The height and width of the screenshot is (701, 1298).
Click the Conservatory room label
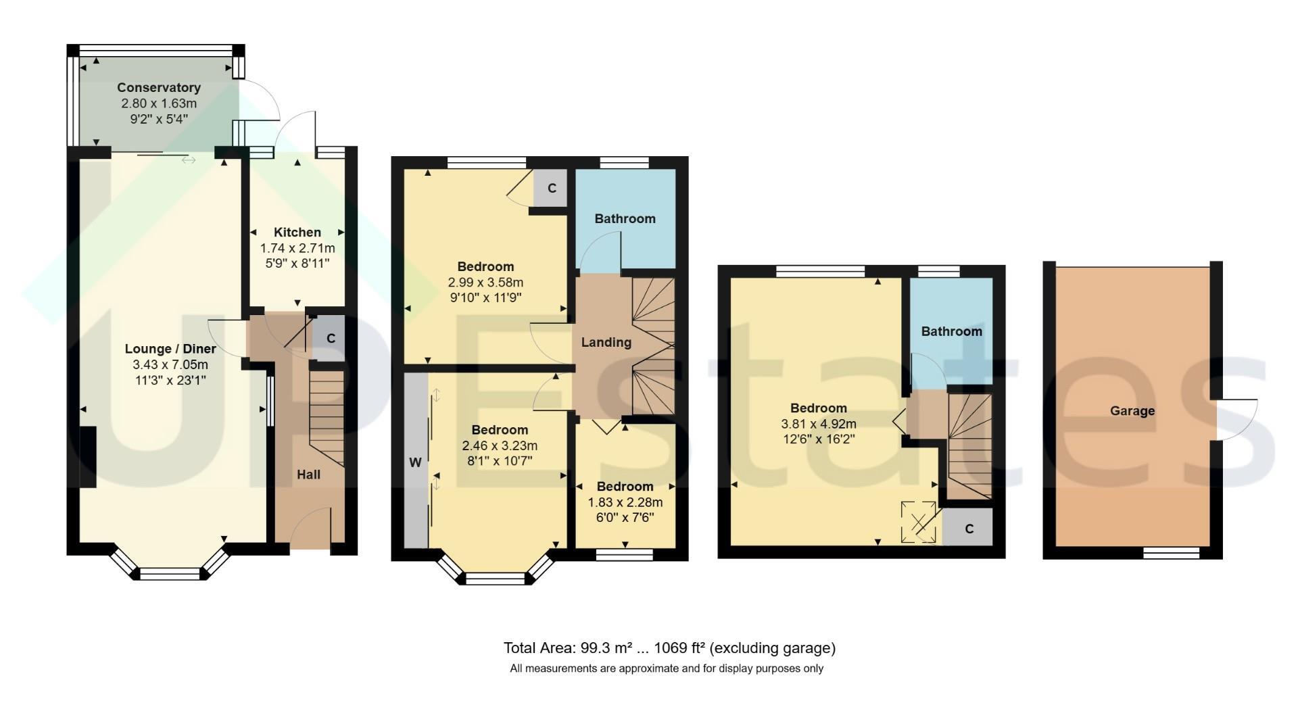click(x=159, y=88)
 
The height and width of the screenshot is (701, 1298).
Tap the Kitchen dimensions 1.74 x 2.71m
click(x=297, y=248)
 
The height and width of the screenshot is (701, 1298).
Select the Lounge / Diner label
click(x=170, y=349)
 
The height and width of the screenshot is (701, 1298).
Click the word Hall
click(x=309, y=475)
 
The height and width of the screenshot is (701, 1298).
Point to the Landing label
click(x=606, y=343)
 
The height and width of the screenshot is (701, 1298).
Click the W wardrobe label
click(x=415, y=463)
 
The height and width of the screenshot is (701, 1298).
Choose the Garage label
click(x=1132, y=411)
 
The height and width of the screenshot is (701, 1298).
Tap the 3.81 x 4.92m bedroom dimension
click(x=819, y=425)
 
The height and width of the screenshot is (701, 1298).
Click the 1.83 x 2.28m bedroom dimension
click(x=625, y=502)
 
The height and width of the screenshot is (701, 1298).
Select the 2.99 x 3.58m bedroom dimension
click(x=485, y=283)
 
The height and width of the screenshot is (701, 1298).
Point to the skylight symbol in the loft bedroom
click(x=919, y=523)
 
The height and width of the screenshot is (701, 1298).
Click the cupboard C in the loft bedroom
click(x=969, y=529)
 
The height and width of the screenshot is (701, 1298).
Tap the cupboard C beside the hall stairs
click(x=331, y=338)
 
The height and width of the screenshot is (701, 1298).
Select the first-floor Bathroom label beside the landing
click(x=625, y=218)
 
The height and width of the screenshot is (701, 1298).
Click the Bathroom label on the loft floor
click(x=952, y=331)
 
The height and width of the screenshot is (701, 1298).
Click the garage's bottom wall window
click(x=1172, y=553)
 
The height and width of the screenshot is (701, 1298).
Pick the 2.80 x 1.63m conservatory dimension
click(x=159, y=103)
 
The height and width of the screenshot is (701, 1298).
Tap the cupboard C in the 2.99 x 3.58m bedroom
click(x=552, y=188)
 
